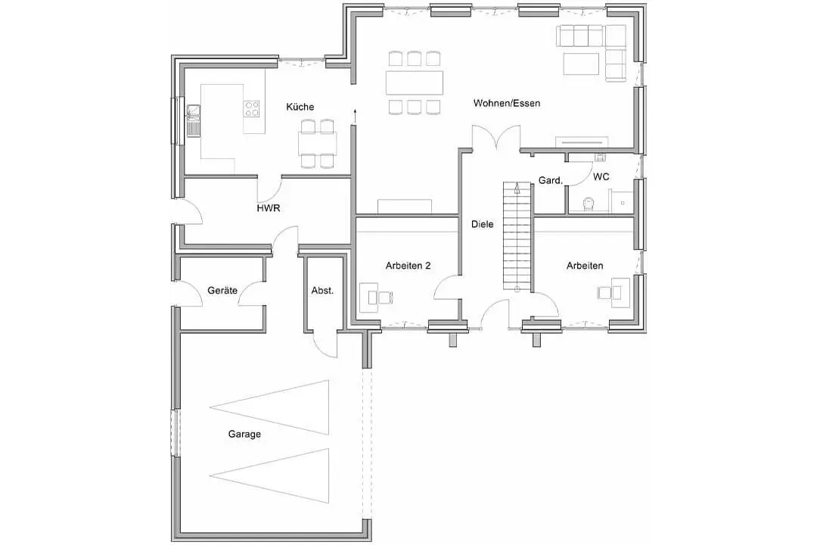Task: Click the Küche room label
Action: [300, 107]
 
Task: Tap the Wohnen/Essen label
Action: [506, 103]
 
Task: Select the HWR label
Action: [269, 208]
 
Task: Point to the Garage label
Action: [244, 434]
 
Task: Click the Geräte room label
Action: [222, 291]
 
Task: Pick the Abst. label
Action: [322, 291]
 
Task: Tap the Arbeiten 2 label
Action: [408, 266]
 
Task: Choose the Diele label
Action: [483, 224]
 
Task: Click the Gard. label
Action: [550, 180]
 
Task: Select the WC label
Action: [601, 177]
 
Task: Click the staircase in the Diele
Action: [517, 236]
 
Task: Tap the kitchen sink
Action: [194, 120]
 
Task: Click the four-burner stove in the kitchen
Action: [252, 108]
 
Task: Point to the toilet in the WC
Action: [589, 204]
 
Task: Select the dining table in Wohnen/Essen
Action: [415, 83]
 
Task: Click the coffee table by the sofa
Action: [581, 64]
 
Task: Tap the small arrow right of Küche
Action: [355, 116]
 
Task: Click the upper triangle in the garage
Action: [269, 407]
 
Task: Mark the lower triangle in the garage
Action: [269, 475]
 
